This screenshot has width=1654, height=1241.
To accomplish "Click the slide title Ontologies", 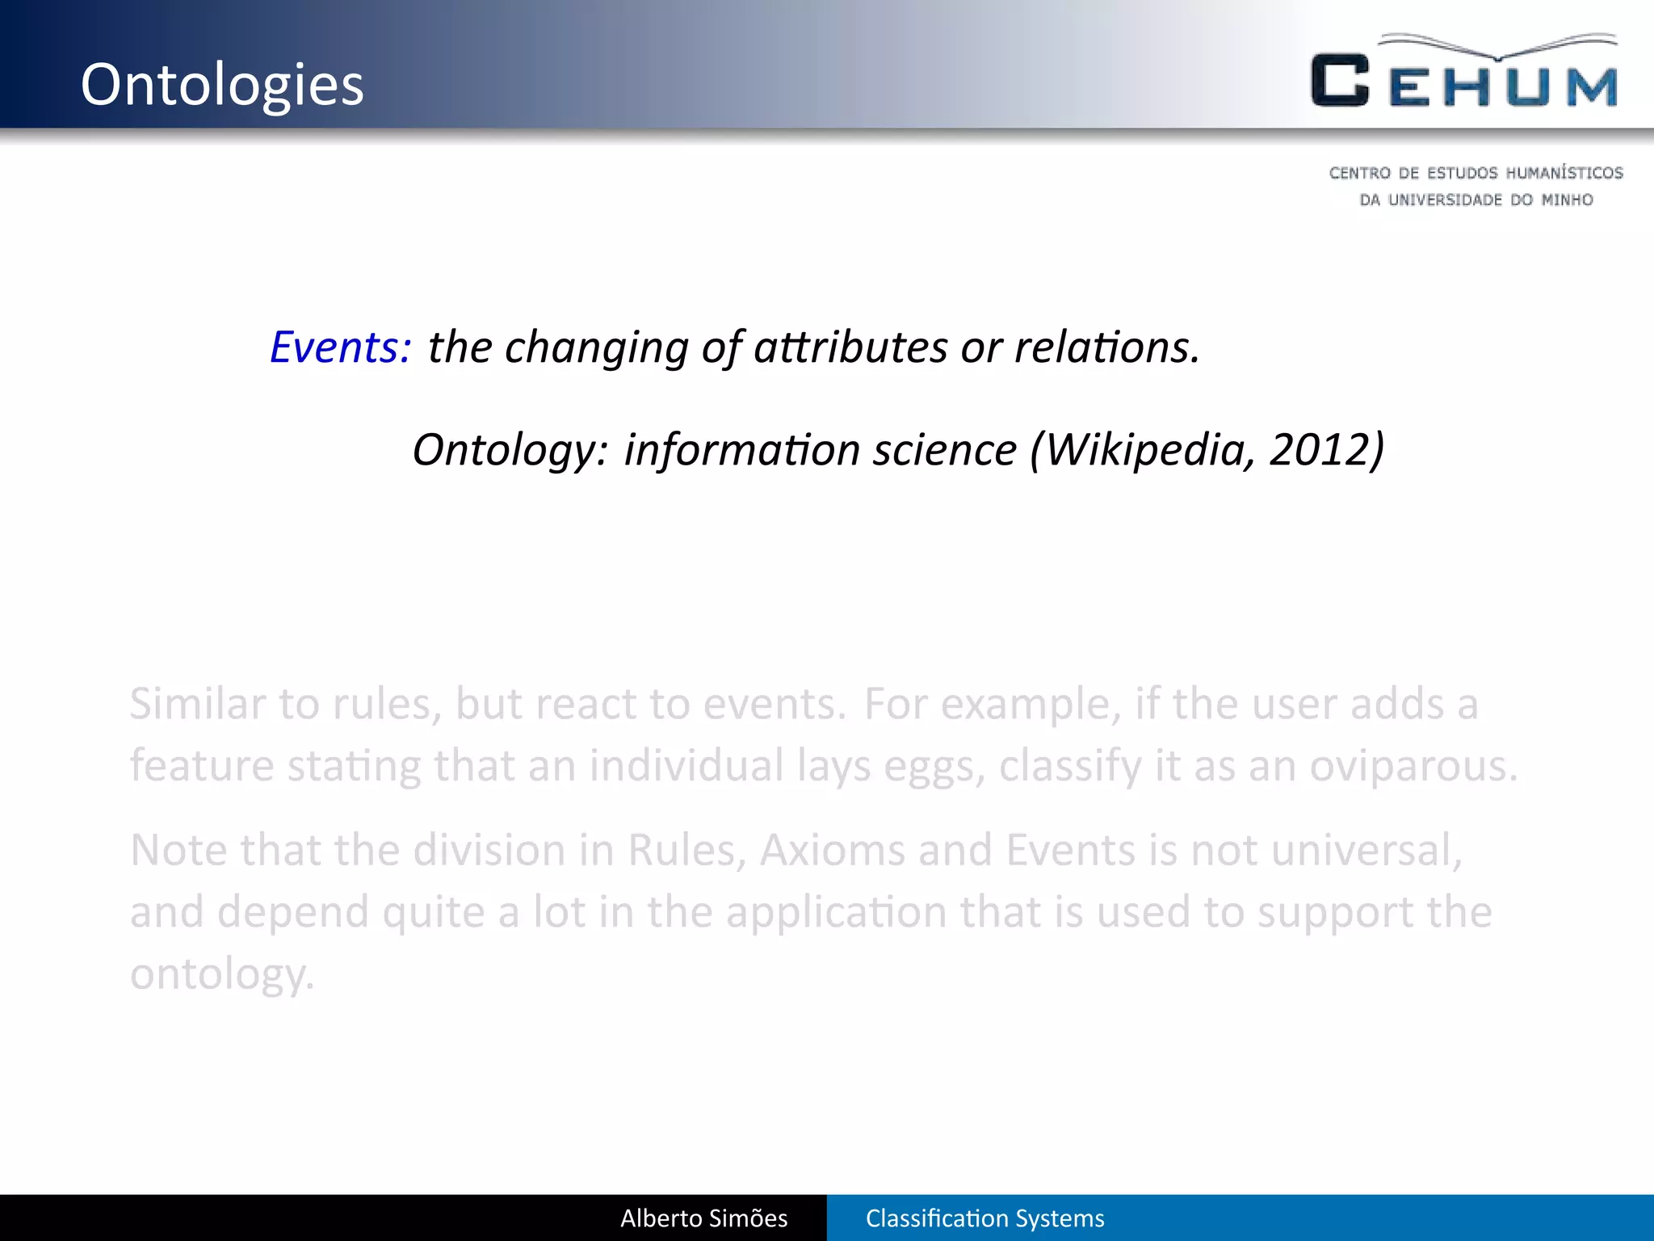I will pos(222,85).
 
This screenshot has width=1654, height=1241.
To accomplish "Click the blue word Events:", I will pos(340,347).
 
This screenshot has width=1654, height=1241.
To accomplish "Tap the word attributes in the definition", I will pos(850,347).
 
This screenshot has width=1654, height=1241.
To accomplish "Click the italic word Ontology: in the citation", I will pos(510,449).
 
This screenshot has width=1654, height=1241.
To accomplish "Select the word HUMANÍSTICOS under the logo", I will pos(1564,173).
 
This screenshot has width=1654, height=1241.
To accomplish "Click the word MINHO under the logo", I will pos(1567,200).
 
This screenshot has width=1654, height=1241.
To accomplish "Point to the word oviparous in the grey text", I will pos(1413,766).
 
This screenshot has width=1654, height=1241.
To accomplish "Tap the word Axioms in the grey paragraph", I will pos(832,851).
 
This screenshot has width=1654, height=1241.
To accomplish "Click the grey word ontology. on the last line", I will pos(221,974).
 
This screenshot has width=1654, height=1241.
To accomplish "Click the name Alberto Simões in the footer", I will pos(703,1218).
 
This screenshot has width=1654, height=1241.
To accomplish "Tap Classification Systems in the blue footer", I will pos(984,1218).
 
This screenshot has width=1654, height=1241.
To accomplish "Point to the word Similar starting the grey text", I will pos(197,704).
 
